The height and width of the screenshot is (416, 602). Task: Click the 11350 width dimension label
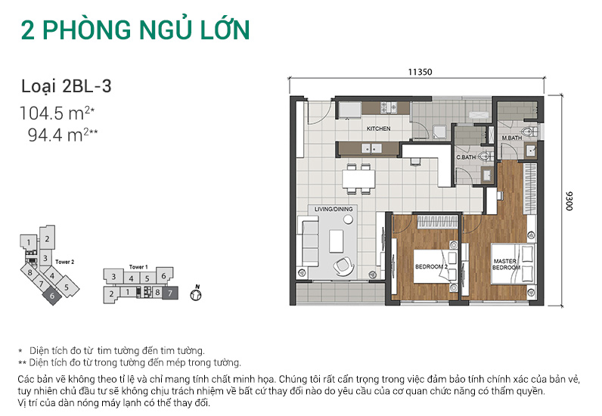point(419,73)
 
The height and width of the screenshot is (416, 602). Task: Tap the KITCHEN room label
point(378,129)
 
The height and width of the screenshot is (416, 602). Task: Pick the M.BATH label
point(513,138)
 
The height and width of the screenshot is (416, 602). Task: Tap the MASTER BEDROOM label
point(505,265)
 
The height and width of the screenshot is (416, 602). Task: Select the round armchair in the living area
point(343,264)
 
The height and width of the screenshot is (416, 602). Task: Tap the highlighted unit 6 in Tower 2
point(52,296)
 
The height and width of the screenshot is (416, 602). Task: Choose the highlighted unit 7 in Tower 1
point(169,292)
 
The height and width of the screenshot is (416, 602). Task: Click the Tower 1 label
point(138,267)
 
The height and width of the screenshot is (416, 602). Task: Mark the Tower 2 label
point(64,262)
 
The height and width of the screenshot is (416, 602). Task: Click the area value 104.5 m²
point(57,115)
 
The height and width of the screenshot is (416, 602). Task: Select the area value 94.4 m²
point(61,136)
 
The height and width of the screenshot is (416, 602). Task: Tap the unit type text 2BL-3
point(88,86)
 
